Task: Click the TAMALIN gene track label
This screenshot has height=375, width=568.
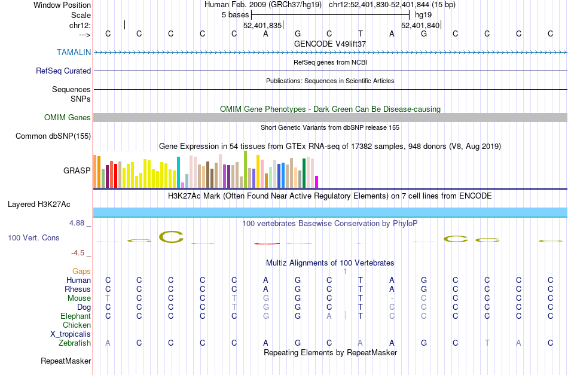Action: point(74,52)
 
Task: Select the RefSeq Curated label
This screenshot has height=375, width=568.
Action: point(63,71)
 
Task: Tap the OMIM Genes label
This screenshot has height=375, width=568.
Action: point(68,117)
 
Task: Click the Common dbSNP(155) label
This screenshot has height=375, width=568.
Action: point(53,136)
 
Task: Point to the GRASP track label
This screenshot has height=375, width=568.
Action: point(77,170)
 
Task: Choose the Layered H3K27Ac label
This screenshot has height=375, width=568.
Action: point(39,204)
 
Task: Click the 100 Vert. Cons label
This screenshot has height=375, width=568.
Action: point(33,237)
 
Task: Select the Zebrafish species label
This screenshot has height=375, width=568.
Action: point(75,343)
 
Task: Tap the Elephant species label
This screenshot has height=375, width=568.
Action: point(75,316)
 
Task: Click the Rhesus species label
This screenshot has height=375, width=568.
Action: point(78,289)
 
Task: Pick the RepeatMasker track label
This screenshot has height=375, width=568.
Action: point(66,361)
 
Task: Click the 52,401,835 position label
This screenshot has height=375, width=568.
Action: point(262,25)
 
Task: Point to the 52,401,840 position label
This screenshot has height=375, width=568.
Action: point(420,25)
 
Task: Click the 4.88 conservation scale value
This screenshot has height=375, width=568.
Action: point(80,223)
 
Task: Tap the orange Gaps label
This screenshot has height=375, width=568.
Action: point(82,271)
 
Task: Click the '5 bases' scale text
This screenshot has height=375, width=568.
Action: point(235,14)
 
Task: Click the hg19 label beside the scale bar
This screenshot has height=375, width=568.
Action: point(423,14)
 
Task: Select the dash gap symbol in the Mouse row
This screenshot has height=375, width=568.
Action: point(392,298)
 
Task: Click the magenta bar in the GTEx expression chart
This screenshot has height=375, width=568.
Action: point(317,181)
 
